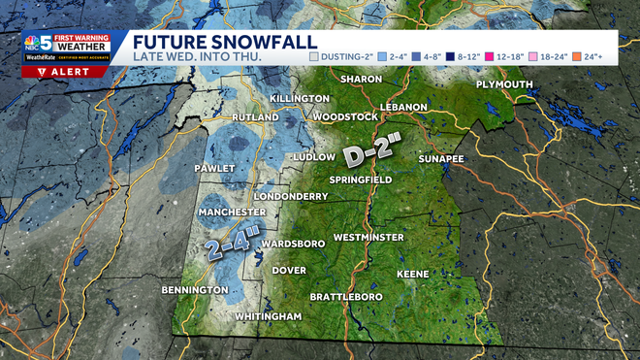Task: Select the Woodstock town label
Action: tap(344, 117)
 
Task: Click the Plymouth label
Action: tap(504, 85)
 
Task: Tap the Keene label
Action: tap(412, 275)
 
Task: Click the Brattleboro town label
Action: tap(346, 296)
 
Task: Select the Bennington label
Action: tap(187, 290)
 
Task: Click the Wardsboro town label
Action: tap(292, 244)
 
